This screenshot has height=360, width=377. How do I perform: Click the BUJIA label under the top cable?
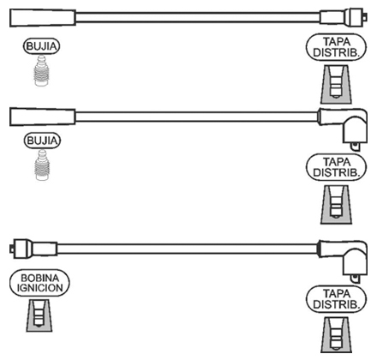42,46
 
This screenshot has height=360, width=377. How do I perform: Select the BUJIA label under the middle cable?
42,141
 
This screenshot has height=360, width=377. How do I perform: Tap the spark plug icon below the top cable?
42,70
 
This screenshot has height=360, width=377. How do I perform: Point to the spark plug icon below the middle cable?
42,165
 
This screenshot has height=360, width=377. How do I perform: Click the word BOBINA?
40,278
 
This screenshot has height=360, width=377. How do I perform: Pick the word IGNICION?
40,288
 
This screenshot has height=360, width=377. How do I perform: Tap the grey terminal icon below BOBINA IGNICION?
39,315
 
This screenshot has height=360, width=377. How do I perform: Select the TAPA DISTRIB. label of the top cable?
336,47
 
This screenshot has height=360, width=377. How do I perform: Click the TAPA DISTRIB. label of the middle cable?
336,167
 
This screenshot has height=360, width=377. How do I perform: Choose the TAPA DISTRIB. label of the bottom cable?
336,299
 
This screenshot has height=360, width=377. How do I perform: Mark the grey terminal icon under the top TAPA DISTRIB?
336,84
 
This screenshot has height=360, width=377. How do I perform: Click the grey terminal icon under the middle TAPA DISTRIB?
336,205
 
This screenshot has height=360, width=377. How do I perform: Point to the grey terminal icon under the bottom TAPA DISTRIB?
336,335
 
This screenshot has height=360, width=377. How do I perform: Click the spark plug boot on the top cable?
43,18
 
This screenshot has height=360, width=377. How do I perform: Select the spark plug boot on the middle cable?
43,117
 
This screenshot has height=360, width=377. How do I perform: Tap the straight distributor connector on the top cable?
343,17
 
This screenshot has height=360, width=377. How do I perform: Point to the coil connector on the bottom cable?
33,249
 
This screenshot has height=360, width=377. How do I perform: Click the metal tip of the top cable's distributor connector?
365,17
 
